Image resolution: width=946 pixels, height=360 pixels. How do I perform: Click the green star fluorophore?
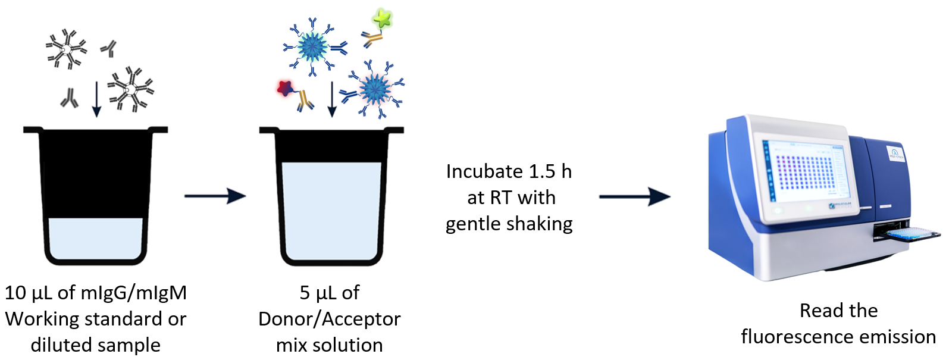coord(382,18)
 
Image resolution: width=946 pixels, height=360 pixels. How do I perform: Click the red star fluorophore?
coord(285,87)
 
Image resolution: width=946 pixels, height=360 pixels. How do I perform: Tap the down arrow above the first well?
coord(97,99)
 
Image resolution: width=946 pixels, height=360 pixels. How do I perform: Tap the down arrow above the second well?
coord(333,99)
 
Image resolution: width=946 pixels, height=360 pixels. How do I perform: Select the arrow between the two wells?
coord(215,196)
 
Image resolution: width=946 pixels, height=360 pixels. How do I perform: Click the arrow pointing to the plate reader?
coord(635,197)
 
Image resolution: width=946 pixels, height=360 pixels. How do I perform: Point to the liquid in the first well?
coord(95,239)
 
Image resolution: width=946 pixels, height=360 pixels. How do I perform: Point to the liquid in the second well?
coord(331,211)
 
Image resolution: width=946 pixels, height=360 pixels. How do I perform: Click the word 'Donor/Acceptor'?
coord(330,320)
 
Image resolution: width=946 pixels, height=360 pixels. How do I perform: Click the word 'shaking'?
coord(538,224)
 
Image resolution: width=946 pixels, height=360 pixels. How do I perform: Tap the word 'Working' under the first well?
coord(42,320)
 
